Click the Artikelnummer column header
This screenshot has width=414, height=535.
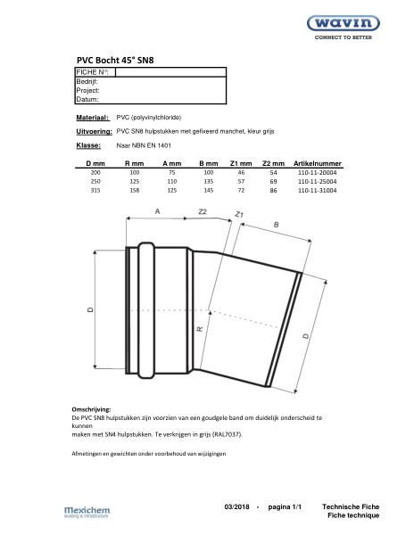319,164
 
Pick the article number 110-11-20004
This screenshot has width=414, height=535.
319,173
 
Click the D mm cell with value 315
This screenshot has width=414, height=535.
95,190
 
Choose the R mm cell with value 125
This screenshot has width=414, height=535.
134,181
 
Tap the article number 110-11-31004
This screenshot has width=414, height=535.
319,190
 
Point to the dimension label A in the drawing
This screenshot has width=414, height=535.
158,211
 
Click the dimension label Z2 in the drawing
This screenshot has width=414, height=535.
203,211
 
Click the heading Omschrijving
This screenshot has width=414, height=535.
91,408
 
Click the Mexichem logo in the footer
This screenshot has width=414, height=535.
87,511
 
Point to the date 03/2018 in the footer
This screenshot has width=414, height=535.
238,506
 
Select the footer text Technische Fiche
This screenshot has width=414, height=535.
351,506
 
